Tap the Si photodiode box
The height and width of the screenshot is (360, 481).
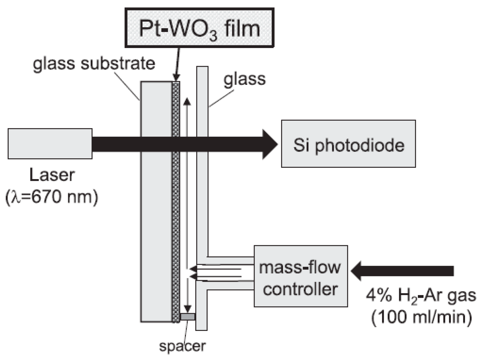click(348, 144)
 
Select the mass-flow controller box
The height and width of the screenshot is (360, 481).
click(301, 276)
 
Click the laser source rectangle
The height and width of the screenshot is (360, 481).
click(50, 144)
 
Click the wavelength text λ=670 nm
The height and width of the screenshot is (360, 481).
click(52, 197)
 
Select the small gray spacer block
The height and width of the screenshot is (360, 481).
click(188, 317)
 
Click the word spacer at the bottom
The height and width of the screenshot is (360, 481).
click(182, 346)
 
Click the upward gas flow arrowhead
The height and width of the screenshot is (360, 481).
click(187, 102)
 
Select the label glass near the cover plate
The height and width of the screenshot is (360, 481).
click(245, 79)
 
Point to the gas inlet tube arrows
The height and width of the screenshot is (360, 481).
click(216, 273)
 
